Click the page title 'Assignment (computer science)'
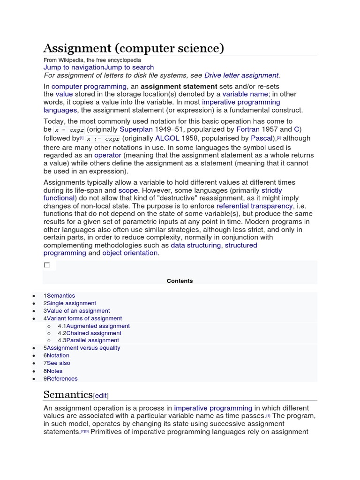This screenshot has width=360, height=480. point(134,48)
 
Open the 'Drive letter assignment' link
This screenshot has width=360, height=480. point(241,75)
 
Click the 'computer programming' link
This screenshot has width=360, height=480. point(89,87)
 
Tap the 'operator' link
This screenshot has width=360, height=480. point(108,155)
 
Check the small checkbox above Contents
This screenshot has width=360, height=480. point(47,265)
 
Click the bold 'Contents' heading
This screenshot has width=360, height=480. point(180,281)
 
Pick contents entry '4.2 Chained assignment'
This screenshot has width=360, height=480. point(90,333)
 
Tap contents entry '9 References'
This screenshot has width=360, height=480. point(60,378)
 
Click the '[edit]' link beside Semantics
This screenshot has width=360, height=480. point(104,396)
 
